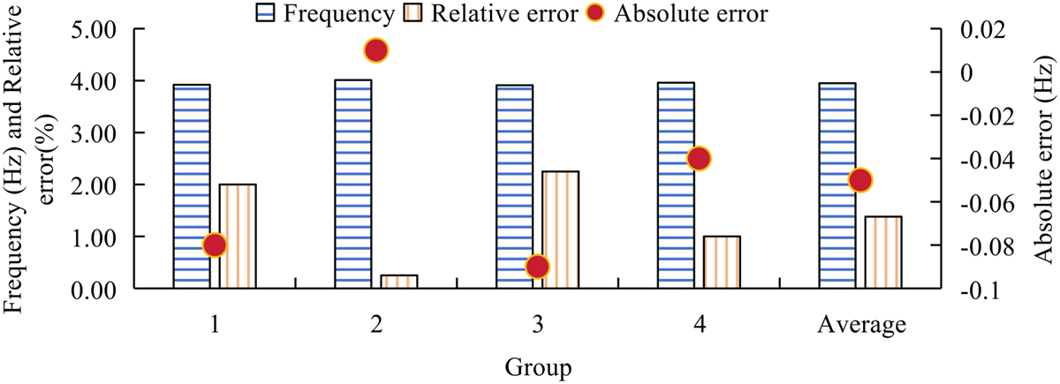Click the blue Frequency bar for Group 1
(192, 186)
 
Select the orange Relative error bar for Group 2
(399, 282)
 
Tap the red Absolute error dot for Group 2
(375, 50)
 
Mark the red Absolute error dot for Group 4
(699, 159)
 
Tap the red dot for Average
(860, 180)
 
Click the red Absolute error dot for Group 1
(215, 245)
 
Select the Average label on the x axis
(860, 326)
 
